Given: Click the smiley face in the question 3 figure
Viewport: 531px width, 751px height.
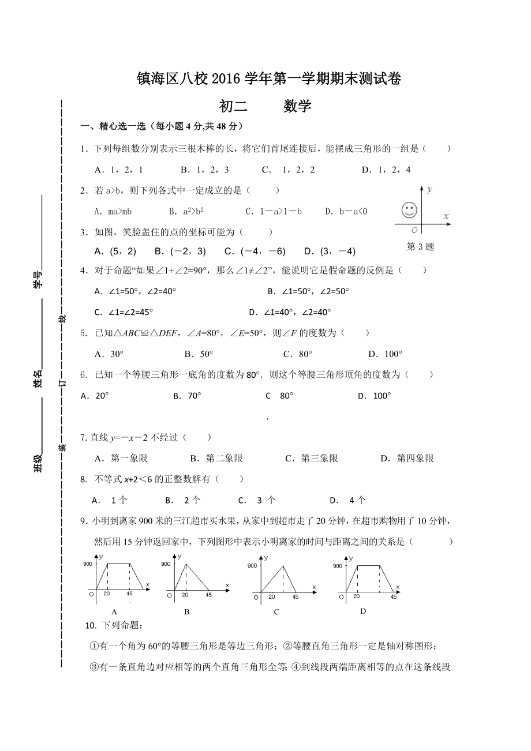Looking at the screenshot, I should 409,211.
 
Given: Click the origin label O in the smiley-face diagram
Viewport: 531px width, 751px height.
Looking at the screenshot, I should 414,229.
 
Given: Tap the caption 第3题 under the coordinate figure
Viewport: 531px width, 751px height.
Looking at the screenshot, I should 420,247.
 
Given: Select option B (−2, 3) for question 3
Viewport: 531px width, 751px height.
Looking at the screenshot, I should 180,251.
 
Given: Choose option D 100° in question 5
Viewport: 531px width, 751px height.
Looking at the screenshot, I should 385,354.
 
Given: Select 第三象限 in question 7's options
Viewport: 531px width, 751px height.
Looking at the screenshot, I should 312,459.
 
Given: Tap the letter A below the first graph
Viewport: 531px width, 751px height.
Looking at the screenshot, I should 114,612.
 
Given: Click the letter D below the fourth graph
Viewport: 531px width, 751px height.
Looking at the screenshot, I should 363,611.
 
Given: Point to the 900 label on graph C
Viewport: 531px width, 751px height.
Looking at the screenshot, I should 252,566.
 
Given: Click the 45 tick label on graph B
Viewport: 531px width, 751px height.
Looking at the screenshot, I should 208,595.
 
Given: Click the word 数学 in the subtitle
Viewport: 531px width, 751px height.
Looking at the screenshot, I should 297,106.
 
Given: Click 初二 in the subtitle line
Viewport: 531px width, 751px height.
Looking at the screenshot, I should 233,106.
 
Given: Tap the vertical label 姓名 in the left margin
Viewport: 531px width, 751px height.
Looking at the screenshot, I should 38,379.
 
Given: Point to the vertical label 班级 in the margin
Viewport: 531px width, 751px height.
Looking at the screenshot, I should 38,463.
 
